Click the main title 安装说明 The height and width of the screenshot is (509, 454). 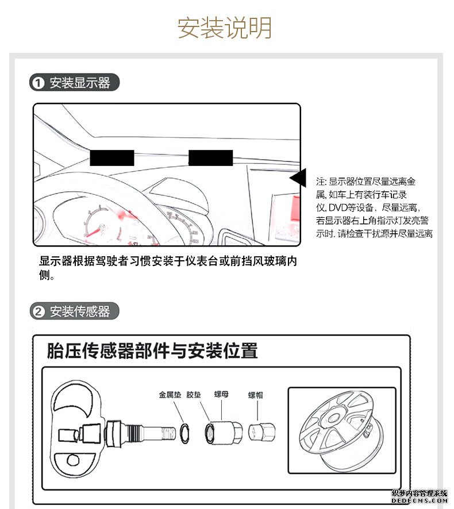click(x=225, y=28)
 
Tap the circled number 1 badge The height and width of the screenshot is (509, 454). click(x=38, y=83)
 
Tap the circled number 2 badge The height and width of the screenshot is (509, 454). click(x=38, y=312)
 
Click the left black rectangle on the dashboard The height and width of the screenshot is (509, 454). click(x=111, y=157)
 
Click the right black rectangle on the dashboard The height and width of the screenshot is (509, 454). click(x=210, y=157)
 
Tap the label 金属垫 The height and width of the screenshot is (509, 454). click(x=170, y=395)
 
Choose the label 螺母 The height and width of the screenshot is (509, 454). click(x=222, y=395)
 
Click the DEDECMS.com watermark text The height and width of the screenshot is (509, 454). click(x=420, y=502)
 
